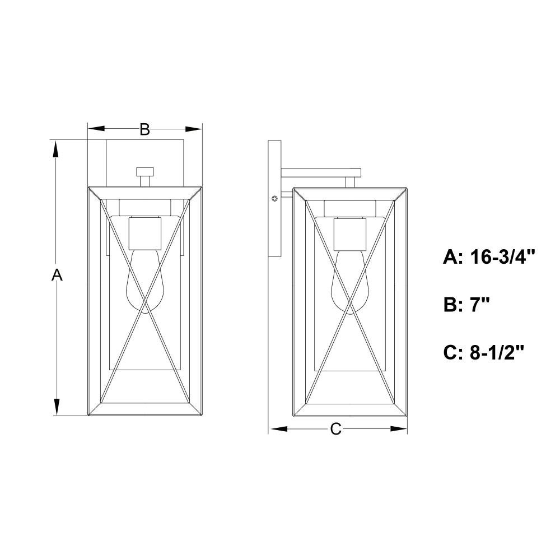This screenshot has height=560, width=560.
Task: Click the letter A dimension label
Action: [x=57, y=276]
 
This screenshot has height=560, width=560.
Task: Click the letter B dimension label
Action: [x=144, y=129]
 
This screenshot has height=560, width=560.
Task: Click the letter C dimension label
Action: [x=335, y=429]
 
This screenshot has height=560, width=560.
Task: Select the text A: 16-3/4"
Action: [x=489, y=256]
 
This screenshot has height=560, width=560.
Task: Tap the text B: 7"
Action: [x=466, y=305]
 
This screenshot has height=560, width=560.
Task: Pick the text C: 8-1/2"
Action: [x=484, y=352]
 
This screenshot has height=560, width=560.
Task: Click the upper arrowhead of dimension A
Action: [x=56, y=150]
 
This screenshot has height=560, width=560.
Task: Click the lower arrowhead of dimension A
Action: [x=56, y=407]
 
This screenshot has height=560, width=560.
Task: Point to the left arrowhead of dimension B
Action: [x=96, y=129]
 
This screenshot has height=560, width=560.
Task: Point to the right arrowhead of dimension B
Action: [x=194, y=129]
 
